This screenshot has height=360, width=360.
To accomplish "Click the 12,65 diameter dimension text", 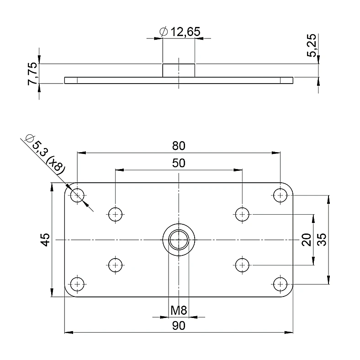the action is coord(185,32).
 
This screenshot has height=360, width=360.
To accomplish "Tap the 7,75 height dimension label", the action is coord(32,74).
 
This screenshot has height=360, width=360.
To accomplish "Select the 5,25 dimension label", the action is coord(312,46).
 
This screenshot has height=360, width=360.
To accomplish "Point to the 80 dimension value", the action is coord(179,146).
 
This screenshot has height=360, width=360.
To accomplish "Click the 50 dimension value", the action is coord(179,163).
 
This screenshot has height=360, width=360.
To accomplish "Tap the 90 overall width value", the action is coord(179,326).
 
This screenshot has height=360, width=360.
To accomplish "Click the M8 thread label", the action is coord(179,310).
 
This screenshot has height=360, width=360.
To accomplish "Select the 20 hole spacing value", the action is coord(306,240).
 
